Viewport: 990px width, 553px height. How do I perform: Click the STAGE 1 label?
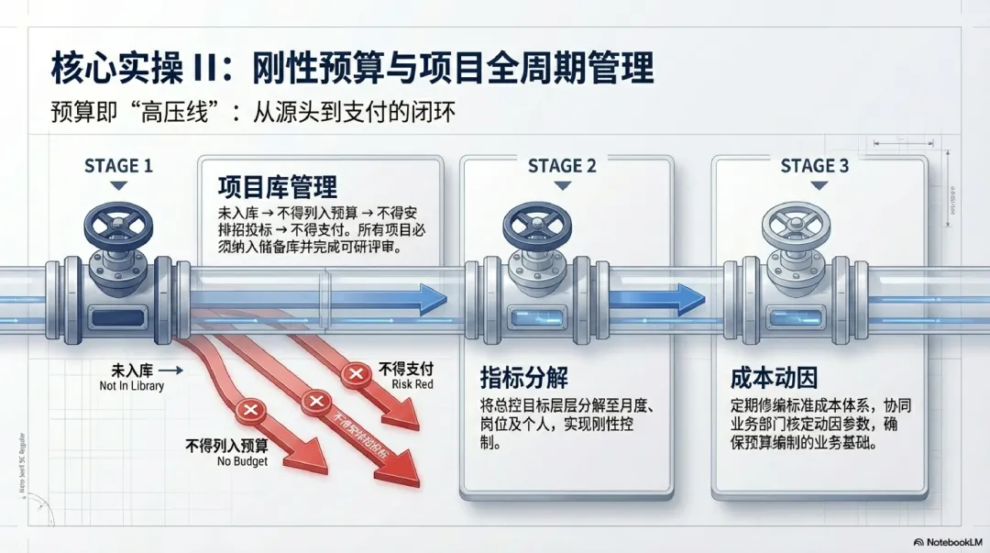tap(118, 166)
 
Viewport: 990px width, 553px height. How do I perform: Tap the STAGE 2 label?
tap(562, 166)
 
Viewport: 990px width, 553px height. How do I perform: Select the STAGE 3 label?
tap(814, 166)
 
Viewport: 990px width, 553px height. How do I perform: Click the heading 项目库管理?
tap(277, 188)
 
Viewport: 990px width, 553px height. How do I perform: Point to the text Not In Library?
tap(132, 386)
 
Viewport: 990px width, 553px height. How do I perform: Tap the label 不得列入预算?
tap(226, 447)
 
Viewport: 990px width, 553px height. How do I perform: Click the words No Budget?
tap(242, 461)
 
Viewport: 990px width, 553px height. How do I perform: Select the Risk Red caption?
tap(412, 384)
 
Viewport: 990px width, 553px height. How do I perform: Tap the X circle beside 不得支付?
tap(354, 373)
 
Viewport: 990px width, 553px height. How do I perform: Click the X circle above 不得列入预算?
tap(250, 411)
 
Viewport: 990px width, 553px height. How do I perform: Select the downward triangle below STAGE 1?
tap(117, 186)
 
